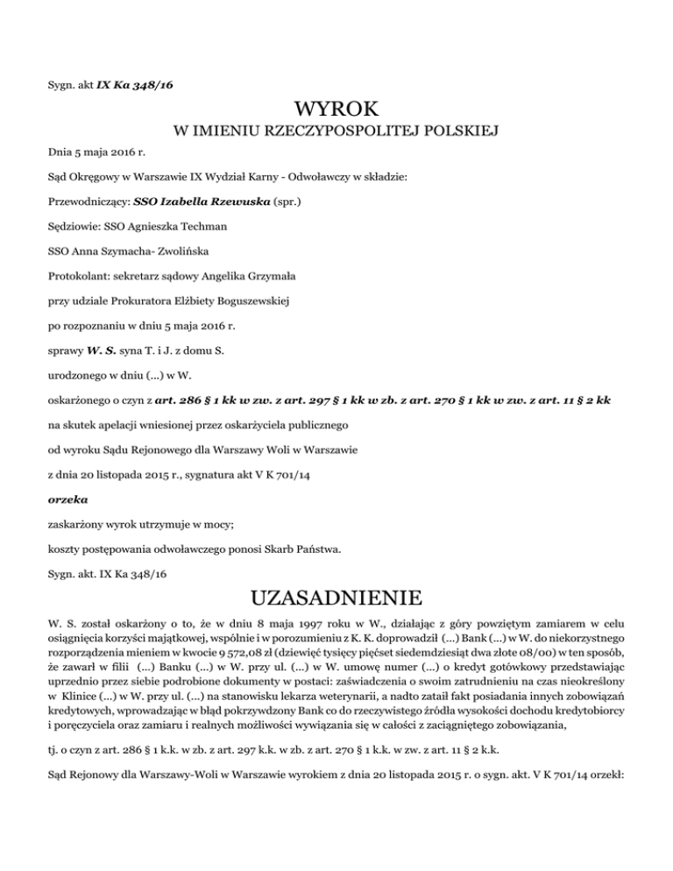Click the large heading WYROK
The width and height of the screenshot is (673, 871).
point(336,110)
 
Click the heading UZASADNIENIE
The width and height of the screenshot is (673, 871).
point(336,599)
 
